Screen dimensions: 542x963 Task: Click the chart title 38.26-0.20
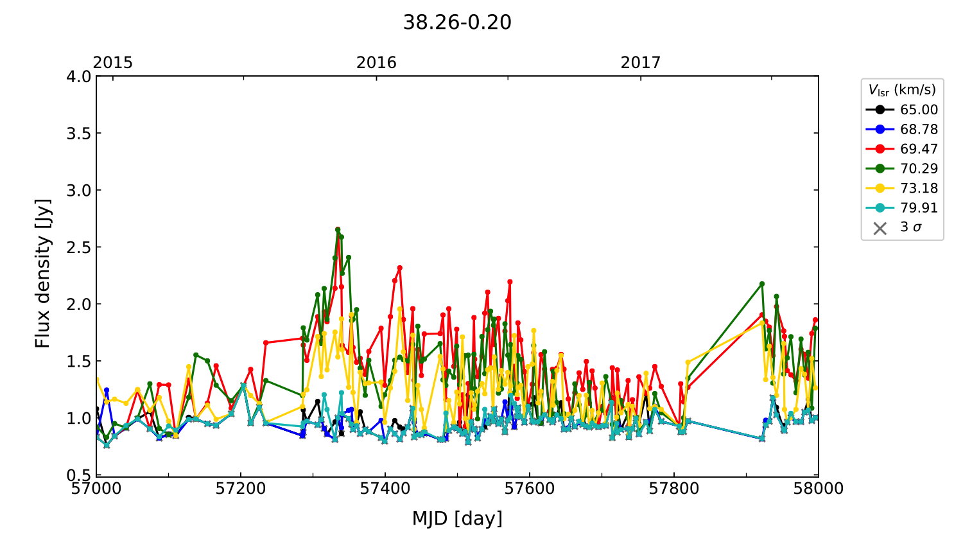(x=457, y=22)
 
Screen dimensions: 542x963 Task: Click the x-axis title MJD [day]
(x=457, y=518)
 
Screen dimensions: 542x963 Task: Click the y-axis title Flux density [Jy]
(x=42, y=274)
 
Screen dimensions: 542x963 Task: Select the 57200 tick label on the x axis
(x=241, y=489)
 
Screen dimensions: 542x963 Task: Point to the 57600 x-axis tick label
(x=530, y=489)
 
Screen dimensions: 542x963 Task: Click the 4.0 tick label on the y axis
(x=79, y=76)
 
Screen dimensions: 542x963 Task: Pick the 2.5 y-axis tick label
(x=79, y=247)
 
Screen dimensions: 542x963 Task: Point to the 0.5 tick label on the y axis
(x=79, y=475)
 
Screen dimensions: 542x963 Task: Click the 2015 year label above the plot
(x=113, y=62)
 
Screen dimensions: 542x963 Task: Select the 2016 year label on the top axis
(x=376, y=62)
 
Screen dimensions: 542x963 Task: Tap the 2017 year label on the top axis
(x=640, y=62)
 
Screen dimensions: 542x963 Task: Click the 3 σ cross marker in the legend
(x=880, y=228)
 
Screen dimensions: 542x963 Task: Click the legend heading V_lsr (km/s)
(x=902, y=90)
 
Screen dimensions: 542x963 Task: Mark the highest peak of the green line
(x=338, y=229)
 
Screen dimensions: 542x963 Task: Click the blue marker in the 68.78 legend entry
(x=880, y=129)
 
